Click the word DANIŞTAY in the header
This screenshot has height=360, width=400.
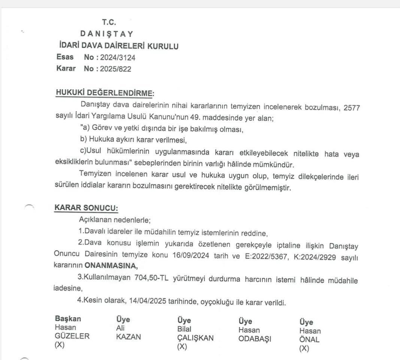[x=106, y=34]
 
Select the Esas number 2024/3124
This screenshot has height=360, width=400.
[x=117, y=58]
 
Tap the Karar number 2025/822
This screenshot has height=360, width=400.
[x=115, y=69]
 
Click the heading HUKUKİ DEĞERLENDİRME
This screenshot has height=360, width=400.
[x=104, y=93]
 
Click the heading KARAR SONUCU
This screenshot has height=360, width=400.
[x=86, y=208]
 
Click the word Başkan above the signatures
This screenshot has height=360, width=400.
[x=68, y=319]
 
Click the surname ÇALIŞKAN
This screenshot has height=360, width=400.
[x=195, y=338]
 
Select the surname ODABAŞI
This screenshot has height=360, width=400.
[x=255, y=339]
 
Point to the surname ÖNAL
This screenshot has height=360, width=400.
[x=309, y=340]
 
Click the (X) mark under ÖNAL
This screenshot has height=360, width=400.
[x=304, y=349]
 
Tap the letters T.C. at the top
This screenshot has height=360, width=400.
[x=109, y=22]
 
